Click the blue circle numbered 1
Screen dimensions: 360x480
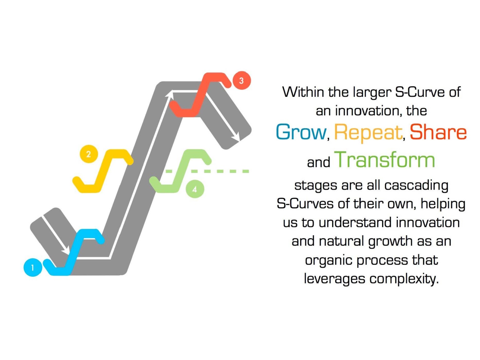[x=33, y=267]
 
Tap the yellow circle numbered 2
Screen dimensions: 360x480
[x=89, y=154]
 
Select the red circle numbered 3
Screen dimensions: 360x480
[x=242, y=81]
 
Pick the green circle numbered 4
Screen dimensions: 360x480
[x=195, y=189]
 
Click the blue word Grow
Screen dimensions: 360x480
[x=301, y=132]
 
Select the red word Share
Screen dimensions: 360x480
[x=438, y=132]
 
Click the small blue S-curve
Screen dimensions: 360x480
[x=75, y=250]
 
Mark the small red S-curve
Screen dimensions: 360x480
[x=200, y=94]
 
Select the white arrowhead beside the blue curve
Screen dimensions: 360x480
[x=66, y=250]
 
